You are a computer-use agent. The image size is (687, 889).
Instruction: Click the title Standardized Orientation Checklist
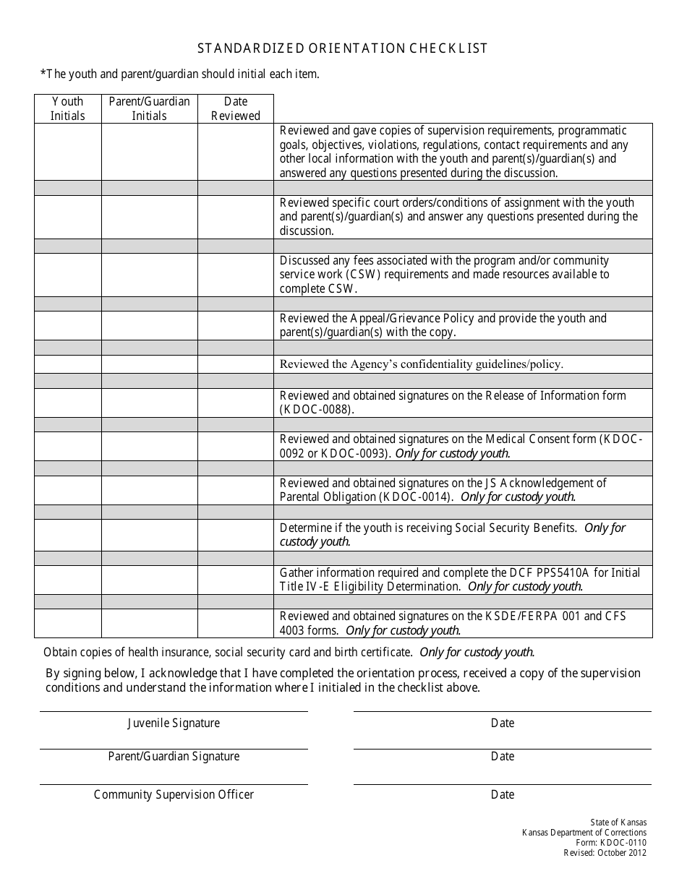click(343, 48)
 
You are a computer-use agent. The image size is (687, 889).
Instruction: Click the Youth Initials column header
click(67, 108)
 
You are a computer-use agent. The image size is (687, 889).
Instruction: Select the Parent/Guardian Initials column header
click(149, 108)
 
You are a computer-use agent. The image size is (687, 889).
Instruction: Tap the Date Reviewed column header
click(236, 108)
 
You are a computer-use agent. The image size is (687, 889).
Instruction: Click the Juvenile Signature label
click(174, 723)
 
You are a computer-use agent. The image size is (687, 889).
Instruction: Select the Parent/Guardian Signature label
click(174, 756)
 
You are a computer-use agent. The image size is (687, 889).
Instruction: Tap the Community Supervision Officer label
click(174, 794)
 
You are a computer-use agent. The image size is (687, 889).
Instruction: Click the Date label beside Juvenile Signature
click(502, 723)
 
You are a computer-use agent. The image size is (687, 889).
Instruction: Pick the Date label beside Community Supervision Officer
click(502, 794)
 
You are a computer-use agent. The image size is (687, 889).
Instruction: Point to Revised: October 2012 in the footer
click(605, 852)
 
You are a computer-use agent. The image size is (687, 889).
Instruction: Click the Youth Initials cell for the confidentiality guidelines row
click(67, 364)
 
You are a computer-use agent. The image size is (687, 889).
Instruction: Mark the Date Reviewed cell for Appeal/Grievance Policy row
click(236, 325)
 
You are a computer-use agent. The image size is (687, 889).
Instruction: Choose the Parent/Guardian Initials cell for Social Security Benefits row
click(149, 535)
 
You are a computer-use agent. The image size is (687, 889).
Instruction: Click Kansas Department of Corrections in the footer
click(584, 832)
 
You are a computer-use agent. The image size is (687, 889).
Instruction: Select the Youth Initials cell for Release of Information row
click(67, 403)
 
